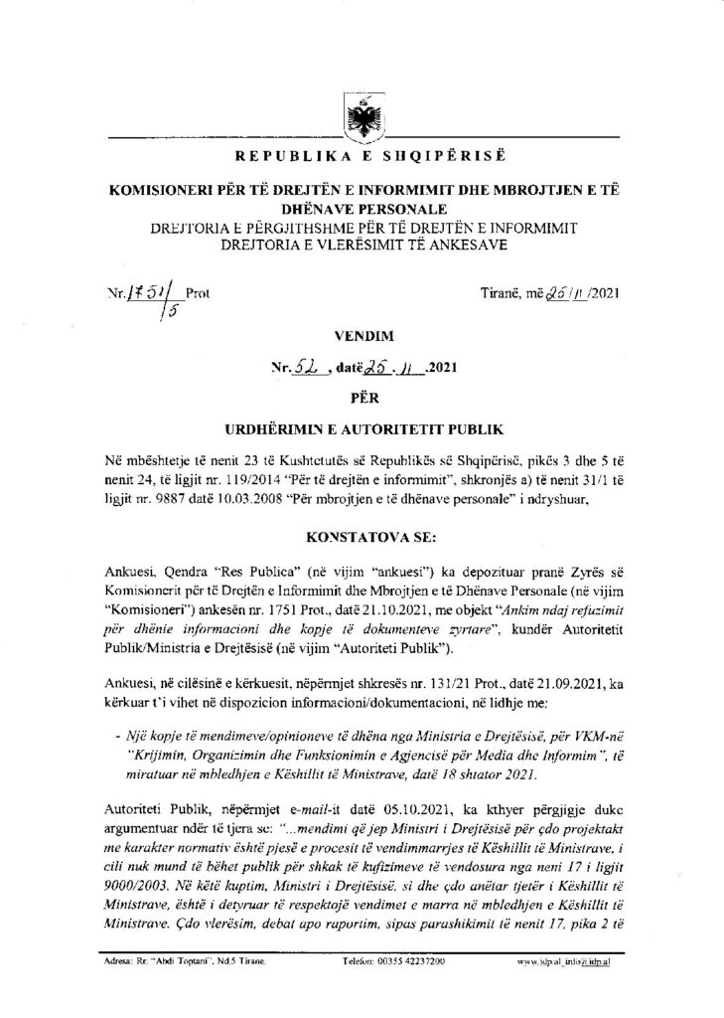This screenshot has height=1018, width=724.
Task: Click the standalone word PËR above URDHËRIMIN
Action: pyautogui.click(x=362, y=400)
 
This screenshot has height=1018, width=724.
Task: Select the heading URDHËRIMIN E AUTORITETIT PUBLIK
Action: pyautogui.click(x=362, y=431)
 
